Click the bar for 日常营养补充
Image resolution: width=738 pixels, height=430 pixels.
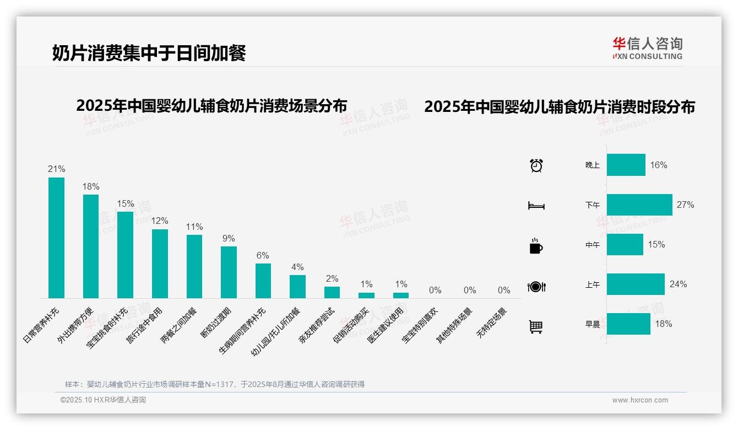click(56, 238)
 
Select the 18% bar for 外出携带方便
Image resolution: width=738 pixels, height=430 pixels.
click(91, 246)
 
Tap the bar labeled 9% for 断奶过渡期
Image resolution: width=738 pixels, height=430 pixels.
click(229, 272)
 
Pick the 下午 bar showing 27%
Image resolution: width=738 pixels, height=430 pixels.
click(639, 205)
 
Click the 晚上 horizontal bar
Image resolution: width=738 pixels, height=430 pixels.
click(626, 165)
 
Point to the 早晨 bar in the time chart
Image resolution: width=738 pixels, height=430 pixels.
click(628, 324)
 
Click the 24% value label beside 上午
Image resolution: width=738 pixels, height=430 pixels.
click(678, 284)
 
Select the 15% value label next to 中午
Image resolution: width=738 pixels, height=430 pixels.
click(656, 245)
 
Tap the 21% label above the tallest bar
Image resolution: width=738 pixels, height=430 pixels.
click(56, 169)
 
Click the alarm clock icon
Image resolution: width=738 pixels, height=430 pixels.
click(536, 165)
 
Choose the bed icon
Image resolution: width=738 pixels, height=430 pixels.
click(536, 206)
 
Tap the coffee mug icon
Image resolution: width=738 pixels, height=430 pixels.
click(536, 246)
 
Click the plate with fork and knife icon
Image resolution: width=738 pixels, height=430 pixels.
click(536, 287)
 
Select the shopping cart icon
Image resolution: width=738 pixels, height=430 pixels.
click(536, 327)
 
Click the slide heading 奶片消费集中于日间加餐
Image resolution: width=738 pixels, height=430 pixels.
click(149, 53)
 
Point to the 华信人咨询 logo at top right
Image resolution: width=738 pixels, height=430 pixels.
click(647, 48)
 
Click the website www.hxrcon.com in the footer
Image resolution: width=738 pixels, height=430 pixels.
click(639, 400)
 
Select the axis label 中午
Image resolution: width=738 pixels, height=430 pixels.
click(593, 245)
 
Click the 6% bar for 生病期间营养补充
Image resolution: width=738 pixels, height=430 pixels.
click(263, 281)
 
